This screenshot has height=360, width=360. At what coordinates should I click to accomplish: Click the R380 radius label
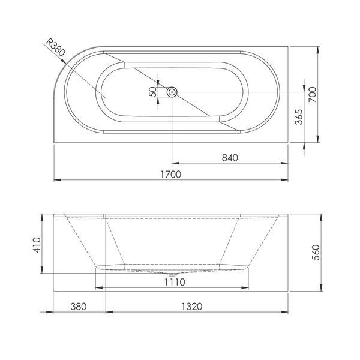[56, 47]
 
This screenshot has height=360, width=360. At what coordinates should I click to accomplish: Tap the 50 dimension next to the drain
[154, 91]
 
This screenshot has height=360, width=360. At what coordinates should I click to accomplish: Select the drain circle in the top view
[172, 92]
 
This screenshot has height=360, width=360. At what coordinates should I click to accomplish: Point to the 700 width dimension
[312, 94]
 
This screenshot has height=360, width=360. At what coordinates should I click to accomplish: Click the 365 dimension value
[299, 117]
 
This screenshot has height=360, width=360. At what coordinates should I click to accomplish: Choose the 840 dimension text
[230, 158]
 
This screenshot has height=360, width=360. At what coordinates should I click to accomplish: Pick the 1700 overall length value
[170, 174]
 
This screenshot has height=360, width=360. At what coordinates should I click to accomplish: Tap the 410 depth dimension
[37, 245]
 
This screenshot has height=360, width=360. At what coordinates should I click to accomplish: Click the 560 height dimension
[316, 253]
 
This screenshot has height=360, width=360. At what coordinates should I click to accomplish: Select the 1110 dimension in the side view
[175, 282]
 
